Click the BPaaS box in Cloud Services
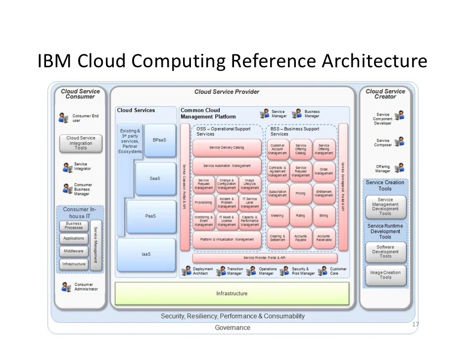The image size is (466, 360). tap(159, 140)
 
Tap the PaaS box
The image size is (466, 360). tap(151, 216)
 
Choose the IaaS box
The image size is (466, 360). tap(139, 254)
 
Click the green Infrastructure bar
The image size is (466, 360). tap(232, 294)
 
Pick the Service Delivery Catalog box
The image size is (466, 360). tap(227, 148)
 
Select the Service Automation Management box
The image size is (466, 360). tap(227, 166)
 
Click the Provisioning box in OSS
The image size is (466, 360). tap(203, 202)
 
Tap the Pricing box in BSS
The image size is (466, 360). tap(301, 193)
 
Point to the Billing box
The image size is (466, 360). tap(324, 216)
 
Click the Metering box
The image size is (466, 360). tap(278, 216)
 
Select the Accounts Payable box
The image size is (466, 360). tap(301, 238)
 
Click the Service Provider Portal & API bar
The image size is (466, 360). tap(265, 258)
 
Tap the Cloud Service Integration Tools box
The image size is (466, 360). tap(81, 143)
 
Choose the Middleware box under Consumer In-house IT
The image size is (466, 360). tap(74, 251)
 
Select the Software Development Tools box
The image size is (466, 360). tap(385, 252)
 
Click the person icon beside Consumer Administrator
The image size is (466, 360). tap(66, 287)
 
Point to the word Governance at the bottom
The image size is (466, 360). tap(232, 328)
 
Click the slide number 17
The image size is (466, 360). tap(415, 325)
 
